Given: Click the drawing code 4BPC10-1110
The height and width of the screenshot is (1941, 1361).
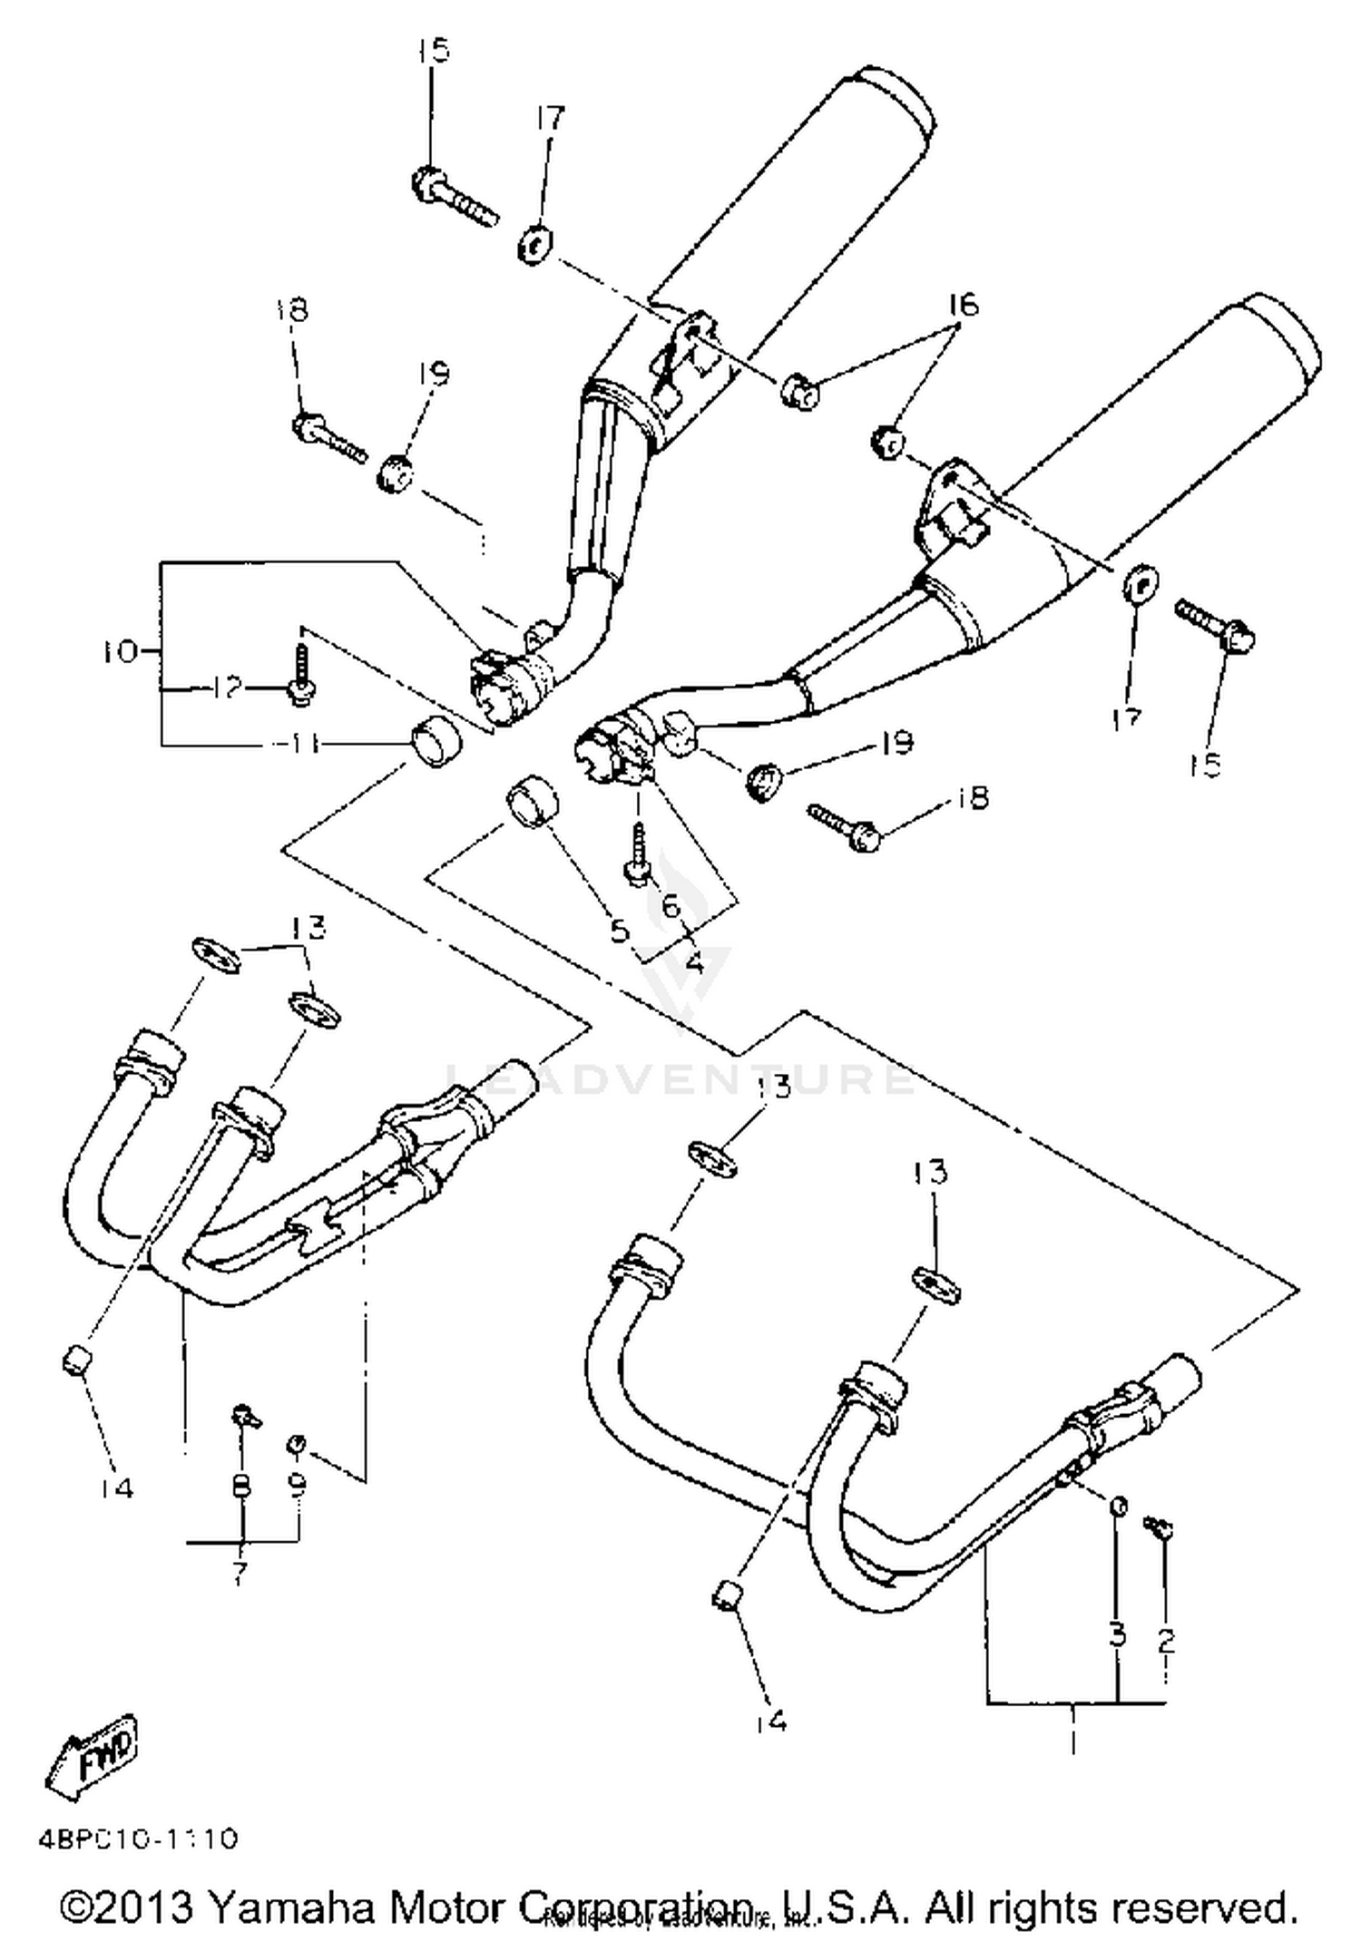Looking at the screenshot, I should [x=138, y=1839].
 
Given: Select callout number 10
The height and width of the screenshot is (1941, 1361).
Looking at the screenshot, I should [x=118, y=651].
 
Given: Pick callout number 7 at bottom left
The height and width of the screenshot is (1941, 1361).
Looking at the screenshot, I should [x=239, y=1571].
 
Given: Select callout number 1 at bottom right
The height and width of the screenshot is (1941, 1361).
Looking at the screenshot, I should [x=1073, y=1741].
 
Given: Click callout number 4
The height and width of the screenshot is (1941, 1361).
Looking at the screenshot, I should [x=694, y=961].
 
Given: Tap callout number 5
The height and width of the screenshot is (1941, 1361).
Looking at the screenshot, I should [x=620, y=930].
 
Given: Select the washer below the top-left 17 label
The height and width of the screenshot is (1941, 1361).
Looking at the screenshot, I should [x=535, y=245].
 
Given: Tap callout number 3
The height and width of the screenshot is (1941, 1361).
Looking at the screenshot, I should [x=1117, y=1634].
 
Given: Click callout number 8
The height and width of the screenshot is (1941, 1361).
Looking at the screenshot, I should [x=241, y=1486].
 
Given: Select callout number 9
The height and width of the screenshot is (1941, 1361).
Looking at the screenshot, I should [x=298, y=1484].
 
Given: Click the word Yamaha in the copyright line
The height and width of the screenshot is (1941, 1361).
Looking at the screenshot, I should [x=289, y=1907].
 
